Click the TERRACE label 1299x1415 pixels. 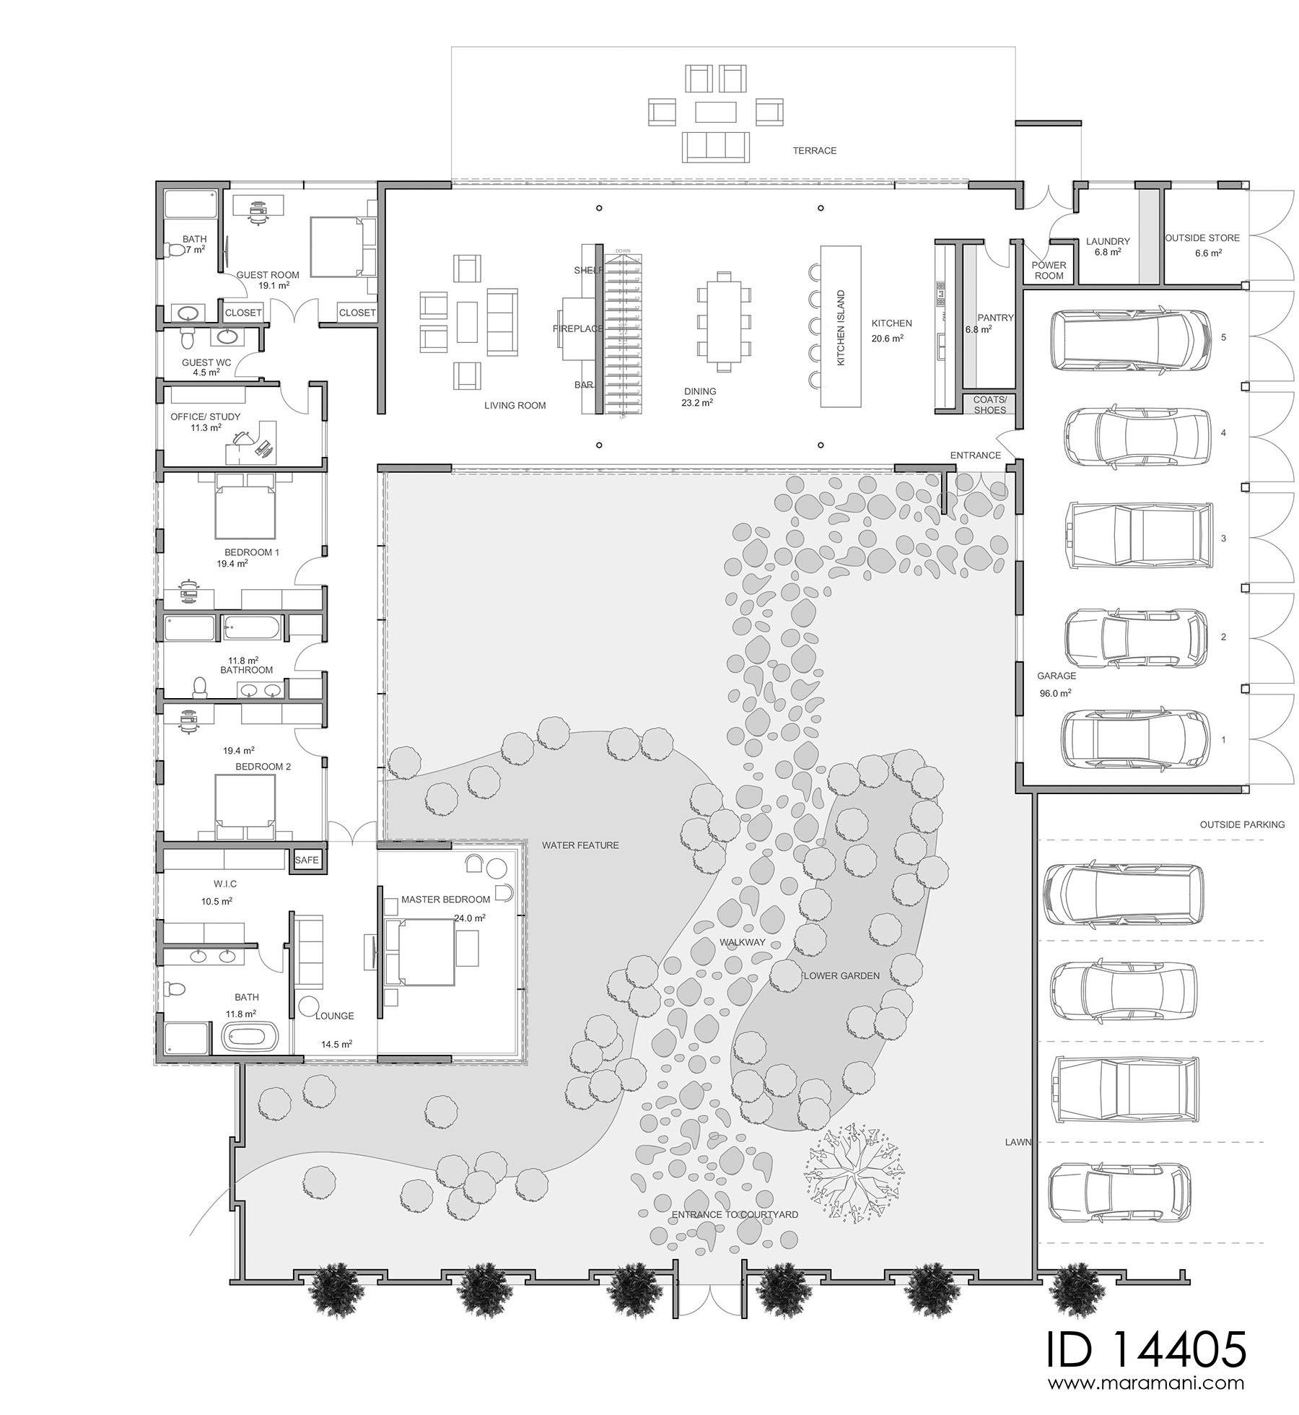(814, 151)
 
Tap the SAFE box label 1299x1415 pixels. (306, 860)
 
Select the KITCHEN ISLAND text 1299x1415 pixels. (840, 328)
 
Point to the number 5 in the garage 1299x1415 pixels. (1223, 337)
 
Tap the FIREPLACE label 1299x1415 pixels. (578, 328)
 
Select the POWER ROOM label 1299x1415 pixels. (1049, 271)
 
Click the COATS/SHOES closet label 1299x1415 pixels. (989, 405)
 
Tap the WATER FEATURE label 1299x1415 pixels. (580, 845)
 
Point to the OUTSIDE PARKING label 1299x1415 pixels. (1242, 824)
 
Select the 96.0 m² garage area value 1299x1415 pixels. (1054, 693)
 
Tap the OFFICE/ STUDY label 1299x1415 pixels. (205, 417)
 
